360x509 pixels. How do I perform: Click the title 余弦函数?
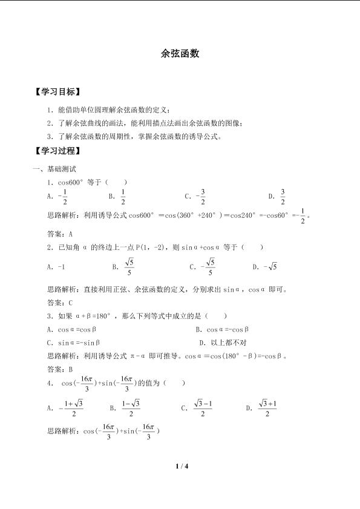180,53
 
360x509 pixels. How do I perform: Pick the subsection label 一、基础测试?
54,169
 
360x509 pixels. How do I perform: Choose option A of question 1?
57,196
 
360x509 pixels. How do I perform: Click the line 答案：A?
59,234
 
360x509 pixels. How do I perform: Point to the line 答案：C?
59,303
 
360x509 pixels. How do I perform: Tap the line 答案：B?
59,369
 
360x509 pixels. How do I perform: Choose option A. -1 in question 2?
56,266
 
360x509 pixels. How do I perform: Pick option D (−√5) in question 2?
265,266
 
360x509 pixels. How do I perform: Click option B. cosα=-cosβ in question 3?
222,329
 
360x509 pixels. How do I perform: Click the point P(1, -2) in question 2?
139,247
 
